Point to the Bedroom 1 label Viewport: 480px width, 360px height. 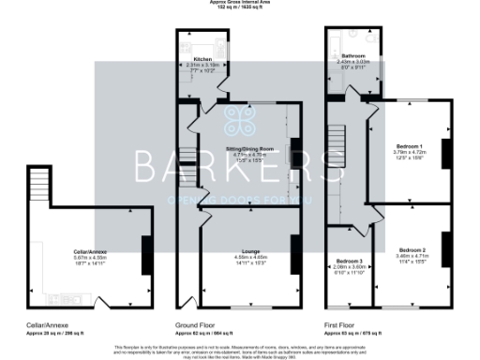tap(409, 147)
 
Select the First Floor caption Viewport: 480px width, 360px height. tap(341, 326)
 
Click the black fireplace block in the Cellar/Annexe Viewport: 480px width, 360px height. tap(146, 253)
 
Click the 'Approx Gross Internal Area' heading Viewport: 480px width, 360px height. tap(240, 3)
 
